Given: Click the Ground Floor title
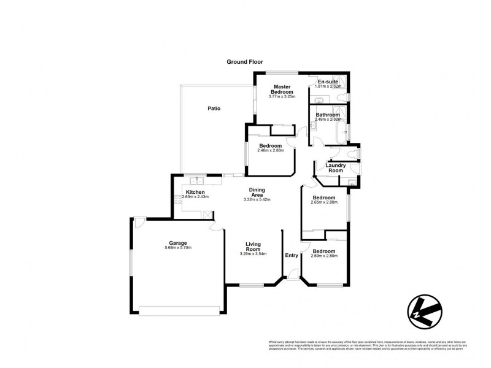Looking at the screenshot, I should click(x=245, y=62).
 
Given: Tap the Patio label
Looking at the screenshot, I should click(x=214, y=109).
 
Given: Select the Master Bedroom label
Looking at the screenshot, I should click(x=282, y=89).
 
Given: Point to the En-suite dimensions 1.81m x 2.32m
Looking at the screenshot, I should click(x=328, y=86).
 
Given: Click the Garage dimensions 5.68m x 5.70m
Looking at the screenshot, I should click(x=179, y=247).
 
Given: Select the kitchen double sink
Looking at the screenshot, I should click(x=197, y=180).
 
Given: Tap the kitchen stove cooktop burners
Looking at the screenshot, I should click(x=178, y=197).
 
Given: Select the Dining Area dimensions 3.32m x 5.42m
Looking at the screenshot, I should click(x=257, y=200).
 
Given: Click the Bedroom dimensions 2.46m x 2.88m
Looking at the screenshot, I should click(x=270, y=150).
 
